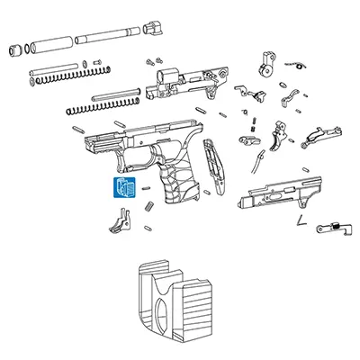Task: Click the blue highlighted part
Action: (x=122, y=187)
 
